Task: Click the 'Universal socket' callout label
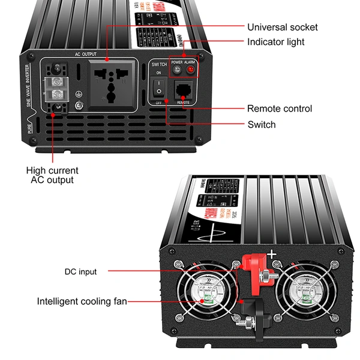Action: pos(282,27)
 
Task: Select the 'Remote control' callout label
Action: pos(280,109)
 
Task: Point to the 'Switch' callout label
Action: pos(262,124)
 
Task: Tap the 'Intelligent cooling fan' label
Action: pos(82,301)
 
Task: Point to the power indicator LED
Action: pos(177,70)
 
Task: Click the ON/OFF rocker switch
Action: pos(158,90)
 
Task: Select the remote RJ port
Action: pos(184,91)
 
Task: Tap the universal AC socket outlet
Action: pos(110,83)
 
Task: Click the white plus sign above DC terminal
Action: pos(272,254)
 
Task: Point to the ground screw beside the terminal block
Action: pos(79,107)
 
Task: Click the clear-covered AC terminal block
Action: pos(56,87)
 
